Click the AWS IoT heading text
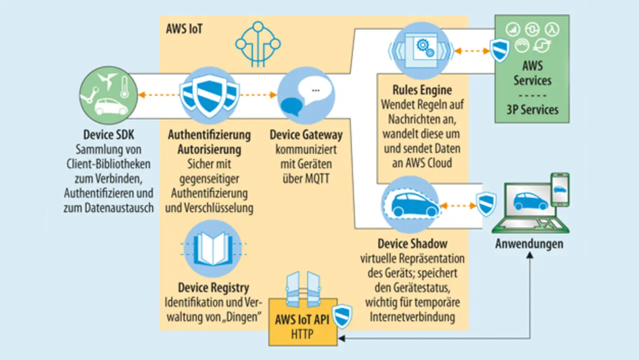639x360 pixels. pos(184,28)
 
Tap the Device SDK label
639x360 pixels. pos(108,135)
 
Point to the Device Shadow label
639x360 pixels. pos(412,244)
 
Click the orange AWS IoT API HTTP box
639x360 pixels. pos(302,328)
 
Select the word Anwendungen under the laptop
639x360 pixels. pos(529,244)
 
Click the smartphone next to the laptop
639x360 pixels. pos(559,189)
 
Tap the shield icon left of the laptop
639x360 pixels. pos(485,204)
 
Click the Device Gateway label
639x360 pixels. pos(306,135)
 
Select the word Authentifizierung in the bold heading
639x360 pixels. pos(209,135)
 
